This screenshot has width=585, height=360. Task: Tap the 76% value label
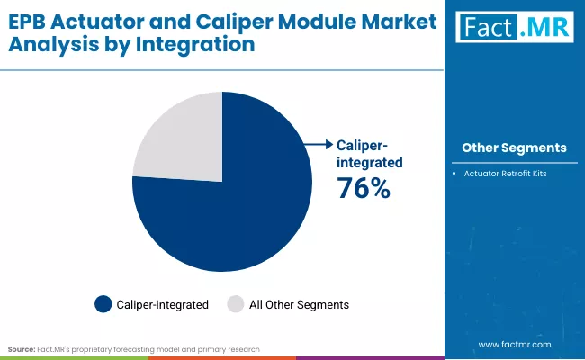click(x=363, y=189)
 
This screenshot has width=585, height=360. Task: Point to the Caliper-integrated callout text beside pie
click(x=369, y=153)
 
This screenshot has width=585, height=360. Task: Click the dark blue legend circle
click(x=103, y=305)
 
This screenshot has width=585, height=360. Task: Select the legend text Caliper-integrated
click(x=162, y=305)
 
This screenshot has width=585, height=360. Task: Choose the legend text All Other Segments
click(x=300, y=305)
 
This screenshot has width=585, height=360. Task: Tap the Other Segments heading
click(x=514, y=148)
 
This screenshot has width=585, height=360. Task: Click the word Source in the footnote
click(x=22, y=347)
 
